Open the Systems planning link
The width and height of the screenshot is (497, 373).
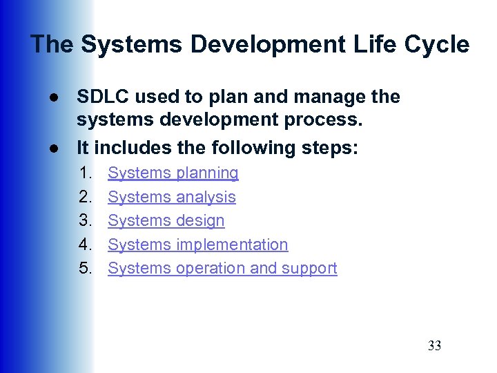[173, 173]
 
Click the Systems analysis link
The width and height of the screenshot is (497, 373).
[172, 198]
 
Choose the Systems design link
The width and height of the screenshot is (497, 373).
[166, 221]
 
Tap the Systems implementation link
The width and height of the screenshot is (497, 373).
[198, 245]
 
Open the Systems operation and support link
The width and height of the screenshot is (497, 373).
[222, 269]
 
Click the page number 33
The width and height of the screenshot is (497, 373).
[434, 346]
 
